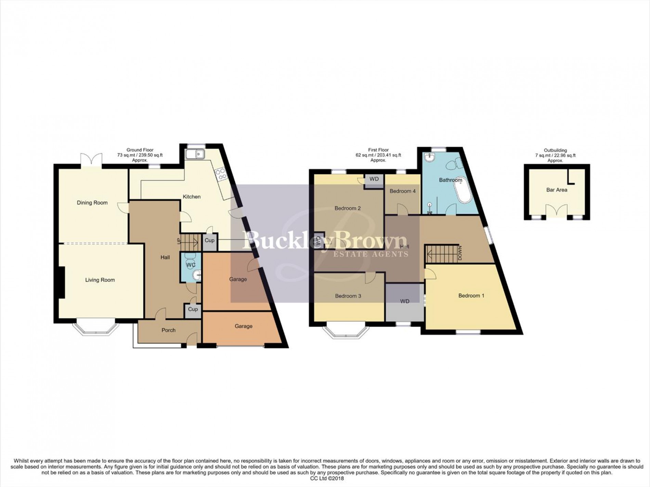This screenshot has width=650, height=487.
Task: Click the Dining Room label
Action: point(92,202)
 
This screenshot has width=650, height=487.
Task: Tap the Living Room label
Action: point(100,280)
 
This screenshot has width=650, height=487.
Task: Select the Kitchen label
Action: point(192,197)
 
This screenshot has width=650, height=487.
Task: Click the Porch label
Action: point(168,330)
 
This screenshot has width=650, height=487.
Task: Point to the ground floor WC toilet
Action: point(190,257)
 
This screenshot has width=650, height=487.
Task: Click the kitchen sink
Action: point(195,154)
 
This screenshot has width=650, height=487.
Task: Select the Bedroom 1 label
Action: point(471,295)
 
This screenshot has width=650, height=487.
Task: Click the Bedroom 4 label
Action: point(403,191)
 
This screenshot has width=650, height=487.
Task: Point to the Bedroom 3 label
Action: point(348,296)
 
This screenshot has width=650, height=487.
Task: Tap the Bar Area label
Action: point(557,190)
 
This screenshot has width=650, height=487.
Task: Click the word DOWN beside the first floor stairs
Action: point(460,253)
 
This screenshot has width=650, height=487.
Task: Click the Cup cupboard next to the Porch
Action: point(193,309)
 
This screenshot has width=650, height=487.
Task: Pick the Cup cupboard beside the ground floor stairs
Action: point(209,240)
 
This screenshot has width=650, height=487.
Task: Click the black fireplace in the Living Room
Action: point(62,282)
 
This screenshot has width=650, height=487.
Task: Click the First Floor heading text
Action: point(378,150)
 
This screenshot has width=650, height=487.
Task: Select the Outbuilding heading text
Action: point(555,150)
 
